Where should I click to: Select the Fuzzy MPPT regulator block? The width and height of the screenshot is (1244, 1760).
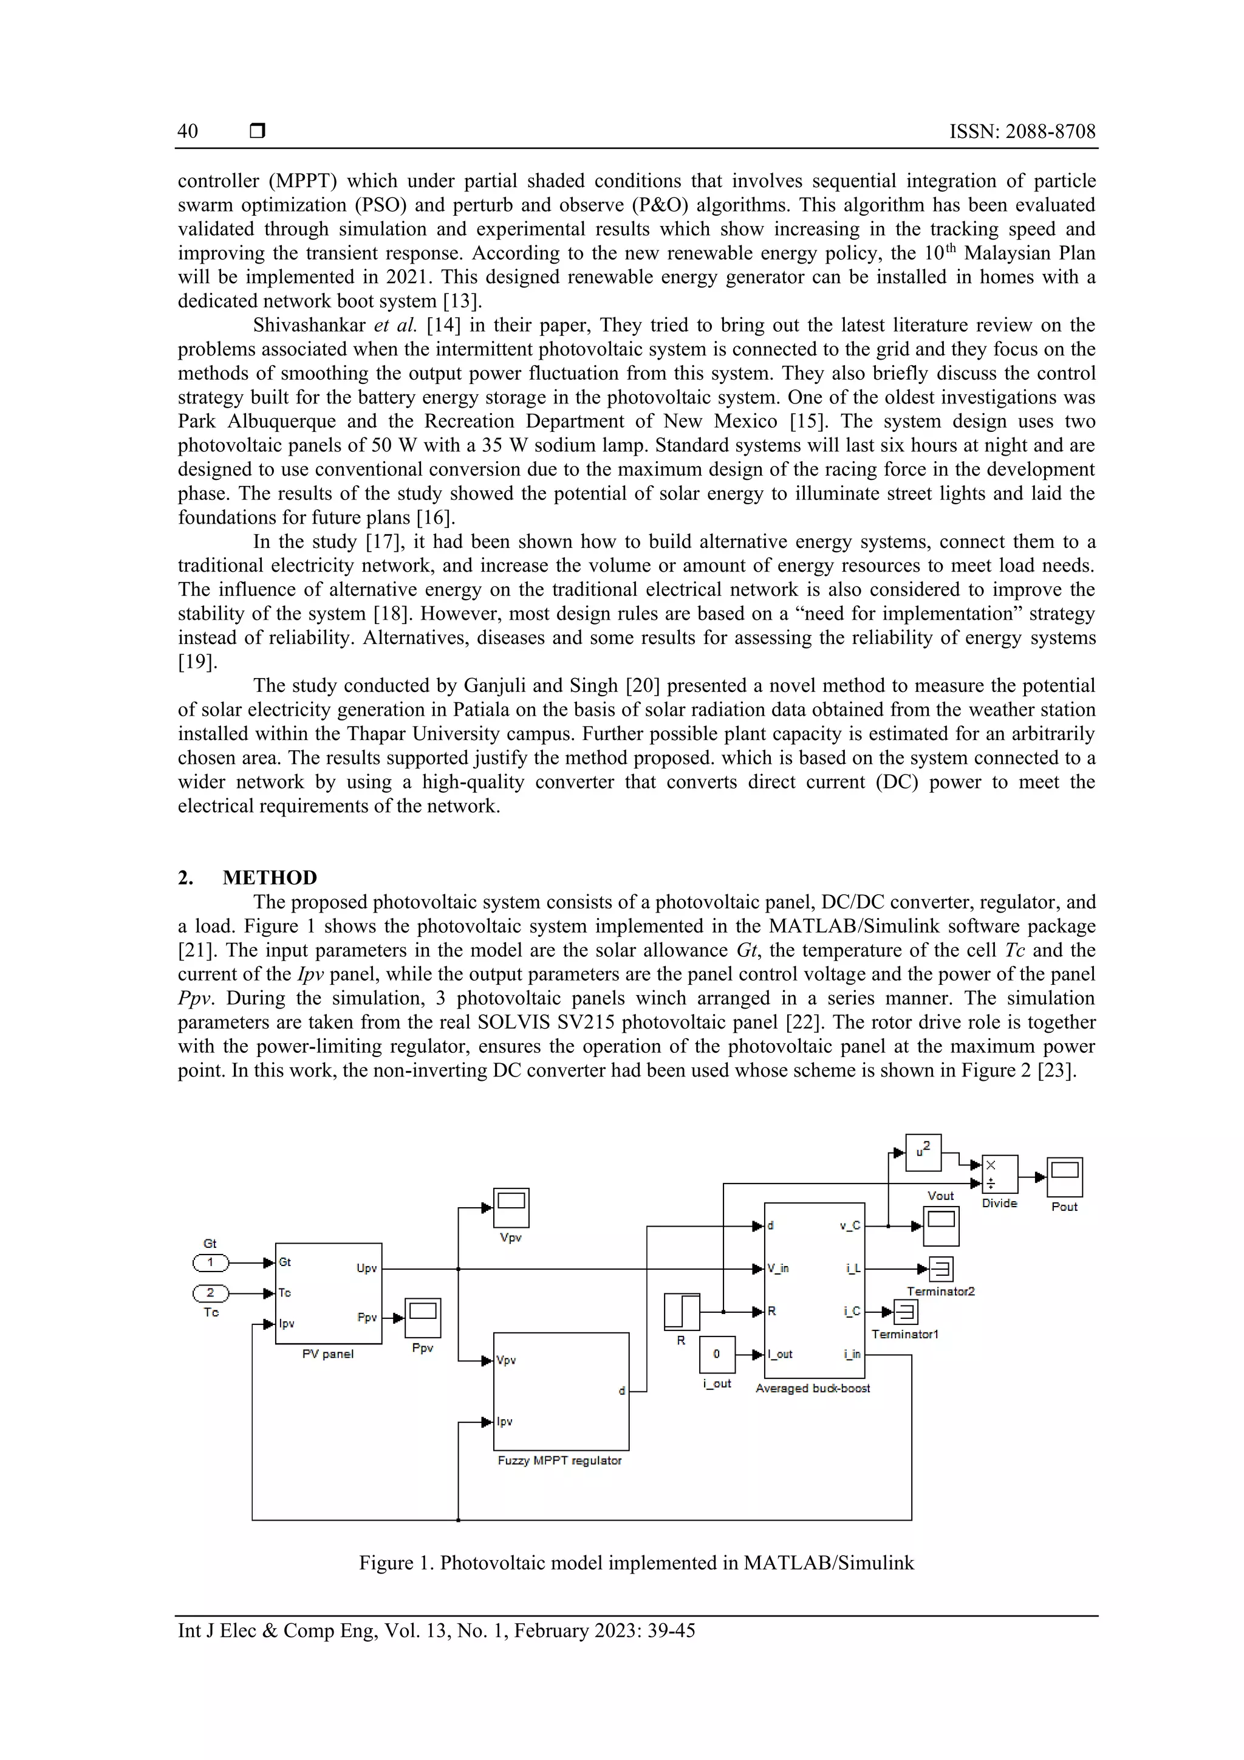coord(561,1391)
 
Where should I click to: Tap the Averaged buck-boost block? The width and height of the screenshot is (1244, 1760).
coord(814,1290)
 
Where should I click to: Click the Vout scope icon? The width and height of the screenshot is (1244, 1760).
coord(940,1226)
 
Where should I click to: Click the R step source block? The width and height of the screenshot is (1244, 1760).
coord(682,1312)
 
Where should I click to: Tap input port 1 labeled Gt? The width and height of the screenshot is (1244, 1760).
coord(210,1262)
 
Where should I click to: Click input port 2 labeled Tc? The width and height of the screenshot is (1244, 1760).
coord(210,1293)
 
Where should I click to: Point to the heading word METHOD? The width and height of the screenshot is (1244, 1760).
coord(270,878)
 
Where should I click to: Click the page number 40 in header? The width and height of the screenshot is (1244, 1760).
coord(188,131)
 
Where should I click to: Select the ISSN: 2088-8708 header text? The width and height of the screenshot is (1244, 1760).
coord(1022,131)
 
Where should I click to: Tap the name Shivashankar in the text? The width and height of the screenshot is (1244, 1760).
coord(310,325)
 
